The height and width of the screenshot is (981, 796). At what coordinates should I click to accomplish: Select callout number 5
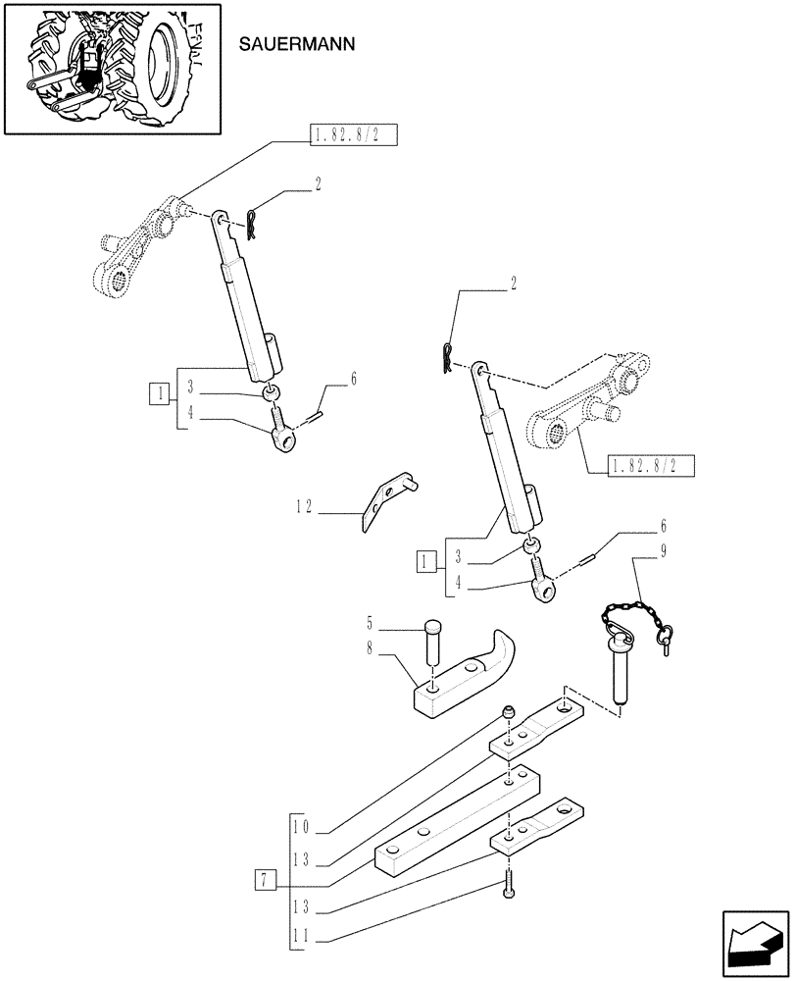click(370, 622)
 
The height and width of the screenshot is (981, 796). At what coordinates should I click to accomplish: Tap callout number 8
click(370, 646)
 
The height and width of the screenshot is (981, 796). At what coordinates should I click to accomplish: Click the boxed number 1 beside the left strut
click(157, 395)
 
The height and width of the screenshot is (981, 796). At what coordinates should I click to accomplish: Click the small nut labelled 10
click(508, 711)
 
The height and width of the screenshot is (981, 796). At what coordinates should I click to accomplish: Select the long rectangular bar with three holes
click(457, 815)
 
